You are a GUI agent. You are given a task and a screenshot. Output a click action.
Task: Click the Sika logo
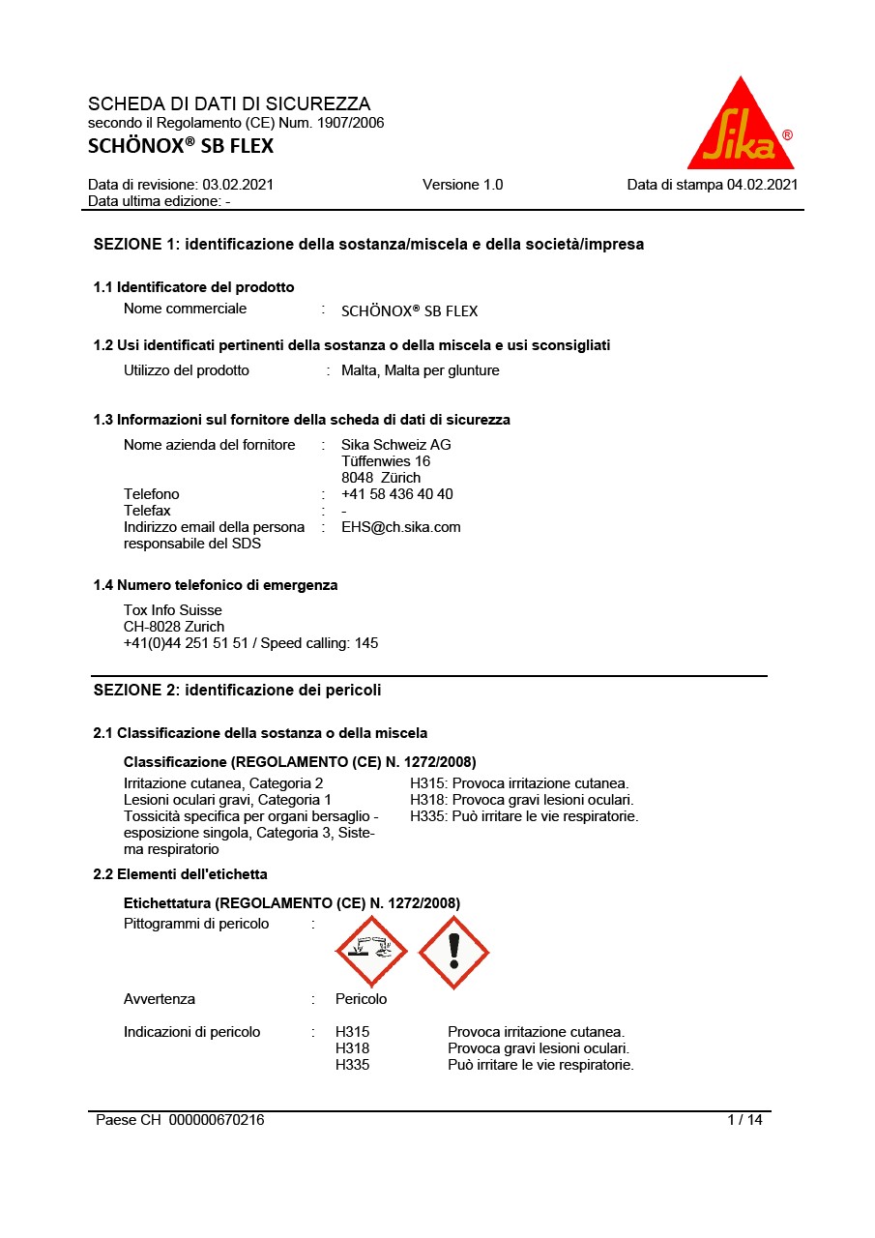pyautogui.click(x=740, y=126)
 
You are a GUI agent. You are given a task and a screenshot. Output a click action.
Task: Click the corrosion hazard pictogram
pyautogui.click(x=371, y=952)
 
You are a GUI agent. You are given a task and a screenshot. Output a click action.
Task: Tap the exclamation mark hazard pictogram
pyautogui.click(x=453, y=952)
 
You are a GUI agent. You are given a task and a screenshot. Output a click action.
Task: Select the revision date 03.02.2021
pyautogui.click(x=238, y=185)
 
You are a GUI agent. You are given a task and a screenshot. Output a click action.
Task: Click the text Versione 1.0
pyautogui.click(x=462, y=185)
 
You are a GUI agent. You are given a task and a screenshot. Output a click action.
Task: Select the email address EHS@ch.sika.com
pyautogui.click(x=400, y=527)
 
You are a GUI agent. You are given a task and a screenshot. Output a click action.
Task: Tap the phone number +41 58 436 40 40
pyautogui.click(x=396, y=494)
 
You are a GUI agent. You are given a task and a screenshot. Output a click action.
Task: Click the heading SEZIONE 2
pyautogui.click(x=237, y=690)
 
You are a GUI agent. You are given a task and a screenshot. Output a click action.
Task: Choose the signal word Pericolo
pyautogui.click(x=361, y=998)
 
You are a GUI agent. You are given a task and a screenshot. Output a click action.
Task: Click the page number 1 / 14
pyautogui.click(x=744, y=1120)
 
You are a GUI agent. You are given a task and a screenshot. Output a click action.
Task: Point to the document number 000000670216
pyautogui.click(x=217, y=1120)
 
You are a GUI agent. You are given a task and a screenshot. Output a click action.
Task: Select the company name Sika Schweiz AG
pyautogui.click(x=395, y=445)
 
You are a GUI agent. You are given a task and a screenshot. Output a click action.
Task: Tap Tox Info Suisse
pyautogui.click(x=172, y=610)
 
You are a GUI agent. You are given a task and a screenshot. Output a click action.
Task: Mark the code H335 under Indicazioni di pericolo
pyautogui.click(x=352, y=1065)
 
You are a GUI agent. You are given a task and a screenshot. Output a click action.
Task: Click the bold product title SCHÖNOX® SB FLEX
pyautogui.click(x=181, y=146)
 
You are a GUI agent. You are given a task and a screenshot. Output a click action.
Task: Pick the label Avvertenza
pyautogui.click(x=160, y=998)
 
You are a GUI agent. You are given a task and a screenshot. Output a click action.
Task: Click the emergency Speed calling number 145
pyautogui.click(x=366, y=643)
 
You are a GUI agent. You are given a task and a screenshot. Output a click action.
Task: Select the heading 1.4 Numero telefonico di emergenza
pyautogui.click(x=216, y=585)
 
